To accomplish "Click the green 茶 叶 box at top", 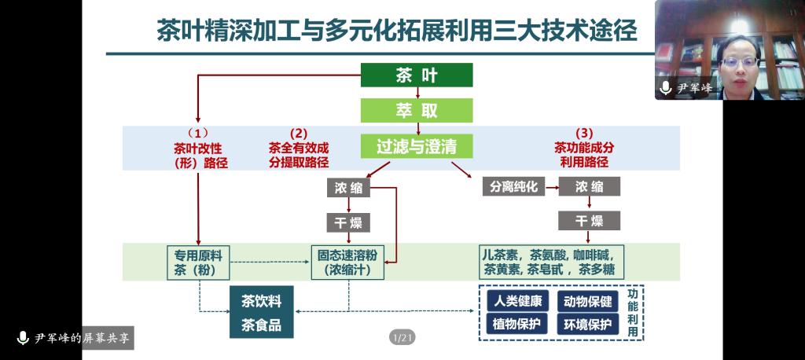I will coord(416,75).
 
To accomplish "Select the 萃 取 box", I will coord(416,110).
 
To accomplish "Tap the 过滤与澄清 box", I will coord(416,146).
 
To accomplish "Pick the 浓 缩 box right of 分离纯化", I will coord(589,186).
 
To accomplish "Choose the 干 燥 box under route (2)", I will coord(347,222).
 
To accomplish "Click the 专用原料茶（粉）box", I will coord(197,263).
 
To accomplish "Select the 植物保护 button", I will coord(516,324).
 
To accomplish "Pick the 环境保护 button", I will coord(588,324).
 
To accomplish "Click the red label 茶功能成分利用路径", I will coord(584,148).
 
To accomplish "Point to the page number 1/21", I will coord(402,338).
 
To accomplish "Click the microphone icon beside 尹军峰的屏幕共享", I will coord(23,338).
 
